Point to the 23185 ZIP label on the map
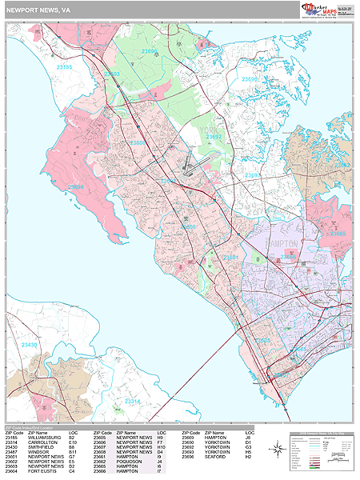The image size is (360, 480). tap(64, 68)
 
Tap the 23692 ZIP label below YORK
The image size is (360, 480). tap(214, 137)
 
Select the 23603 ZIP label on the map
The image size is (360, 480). tap(112, 74)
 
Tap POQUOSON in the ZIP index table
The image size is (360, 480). tap(130, 460)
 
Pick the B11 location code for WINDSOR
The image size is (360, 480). tap(72, 454)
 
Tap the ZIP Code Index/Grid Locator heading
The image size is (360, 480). tap(32, 426)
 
